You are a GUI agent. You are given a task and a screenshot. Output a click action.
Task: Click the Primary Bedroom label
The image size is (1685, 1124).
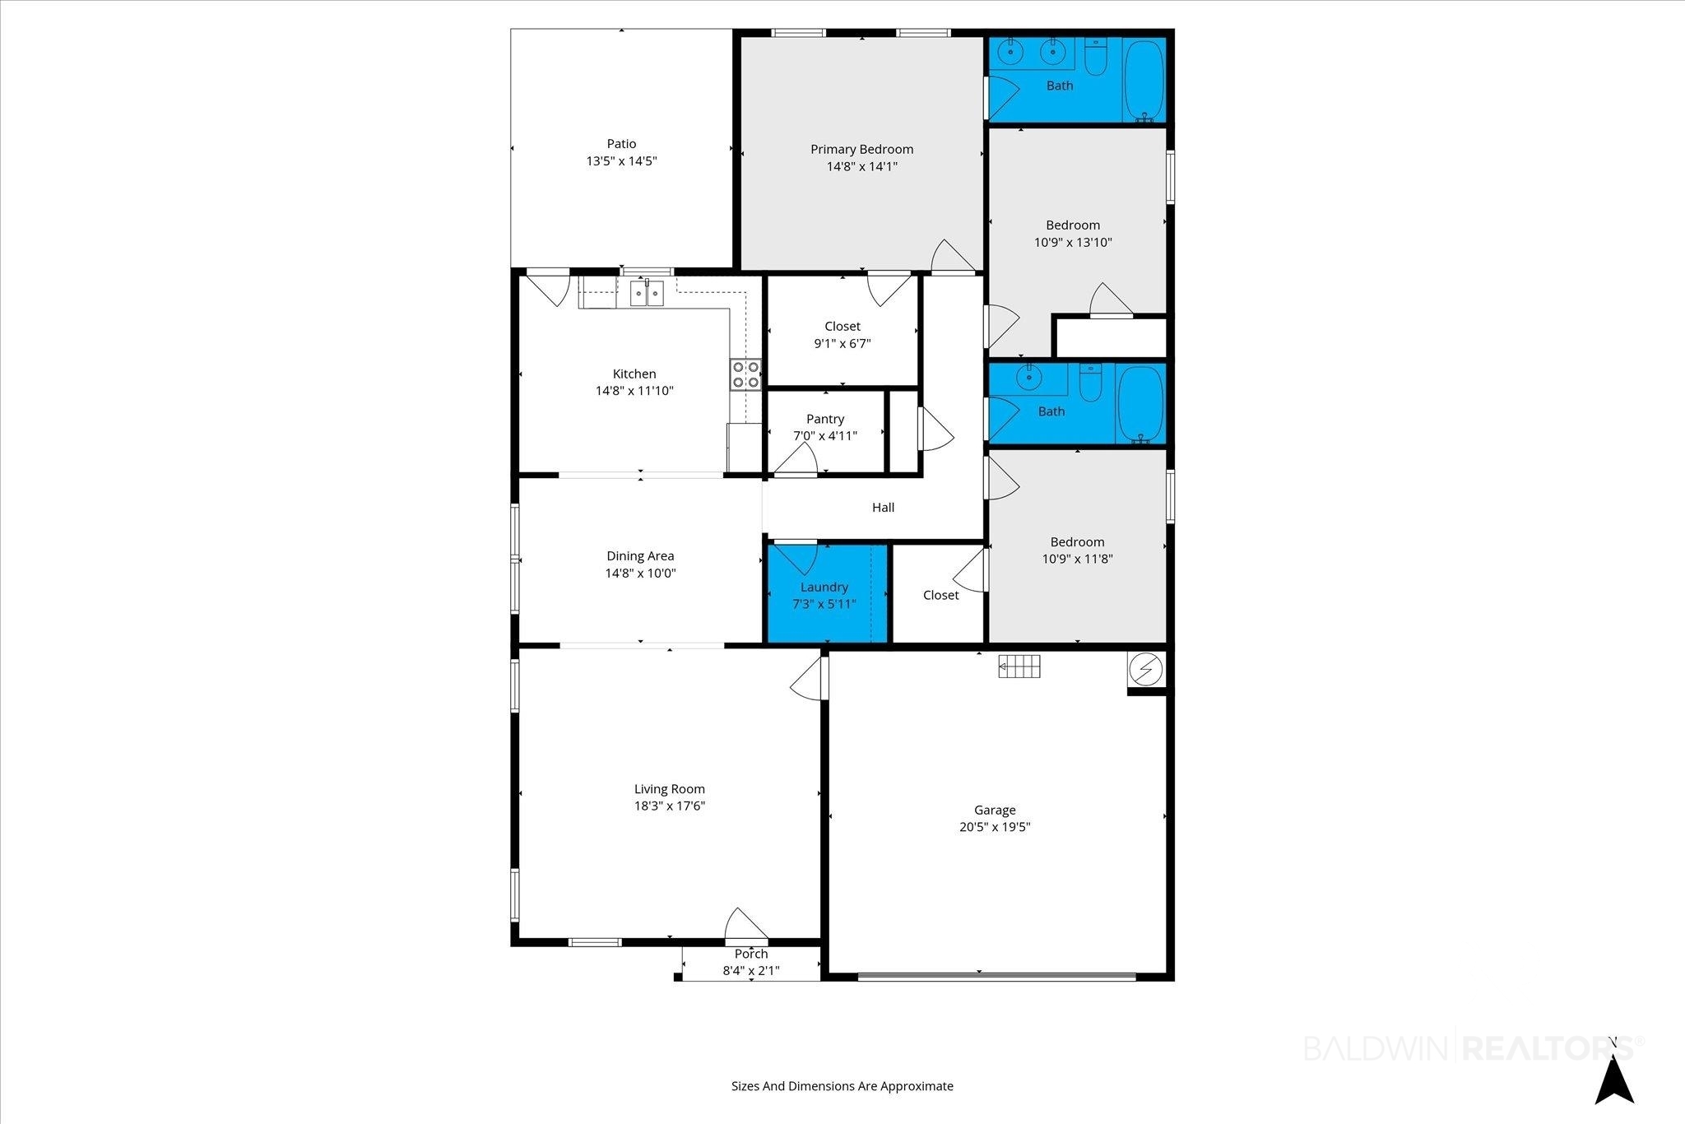861,149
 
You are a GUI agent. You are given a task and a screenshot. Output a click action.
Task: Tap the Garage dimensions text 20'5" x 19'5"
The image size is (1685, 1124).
995,827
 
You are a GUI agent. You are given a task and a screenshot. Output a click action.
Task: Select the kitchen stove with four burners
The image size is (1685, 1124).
746,374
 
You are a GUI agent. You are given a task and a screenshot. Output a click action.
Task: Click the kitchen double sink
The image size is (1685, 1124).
647,293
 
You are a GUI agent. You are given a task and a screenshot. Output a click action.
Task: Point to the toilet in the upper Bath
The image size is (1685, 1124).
1096,57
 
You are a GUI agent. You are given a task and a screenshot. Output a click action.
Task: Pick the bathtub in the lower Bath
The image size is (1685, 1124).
1140,404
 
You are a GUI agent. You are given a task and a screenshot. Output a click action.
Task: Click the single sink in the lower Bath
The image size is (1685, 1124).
1028,378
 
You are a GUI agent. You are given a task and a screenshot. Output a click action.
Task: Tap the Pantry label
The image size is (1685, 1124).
825,419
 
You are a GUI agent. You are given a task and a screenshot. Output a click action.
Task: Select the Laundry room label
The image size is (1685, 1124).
824,587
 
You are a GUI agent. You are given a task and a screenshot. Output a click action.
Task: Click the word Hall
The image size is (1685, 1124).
883,508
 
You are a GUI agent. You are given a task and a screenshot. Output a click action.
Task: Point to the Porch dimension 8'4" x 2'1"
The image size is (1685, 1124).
751,971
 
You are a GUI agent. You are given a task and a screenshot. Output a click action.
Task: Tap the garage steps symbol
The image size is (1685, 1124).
1019,666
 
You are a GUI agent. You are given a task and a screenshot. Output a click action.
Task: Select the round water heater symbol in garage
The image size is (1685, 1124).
1144,671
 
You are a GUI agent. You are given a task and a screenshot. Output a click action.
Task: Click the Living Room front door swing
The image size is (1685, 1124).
746,924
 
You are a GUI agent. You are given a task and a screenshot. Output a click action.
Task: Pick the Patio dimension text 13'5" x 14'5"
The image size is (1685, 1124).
621,161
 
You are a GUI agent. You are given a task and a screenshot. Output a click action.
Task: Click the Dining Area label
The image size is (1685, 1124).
640,556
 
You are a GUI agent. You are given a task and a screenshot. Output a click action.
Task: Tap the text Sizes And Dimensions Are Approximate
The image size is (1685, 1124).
842,1086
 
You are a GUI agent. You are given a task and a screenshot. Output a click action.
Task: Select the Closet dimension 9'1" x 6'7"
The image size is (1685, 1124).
842,344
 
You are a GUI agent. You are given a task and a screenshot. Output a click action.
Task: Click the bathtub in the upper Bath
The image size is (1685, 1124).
1144,80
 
